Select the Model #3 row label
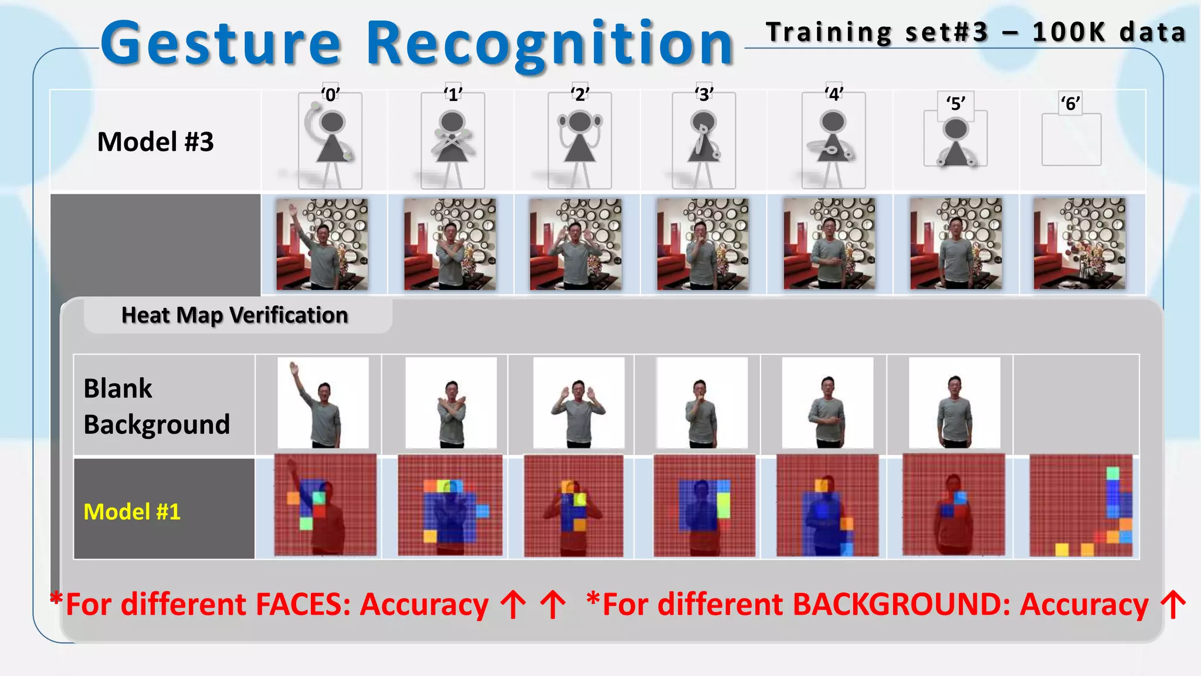(x=155, y=142)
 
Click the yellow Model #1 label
(x=132, y=512)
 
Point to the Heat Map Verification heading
(x=235, y=316)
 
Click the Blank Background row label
(x=156, y=406)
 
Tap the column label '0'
(x=330, y=94)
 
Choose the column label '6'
(x=1070, y=103)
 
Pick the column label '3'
(x=704, y=94)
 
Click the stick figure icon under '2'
(x=579, y=141)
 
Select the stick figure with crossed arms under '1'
(x=452, y=141)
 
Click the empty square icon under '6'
(x=1071, y=140)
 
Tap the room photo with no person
(x=1079, y=244)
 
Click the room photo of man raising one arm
(x=323, y=244)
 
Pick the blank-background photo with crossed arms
(x=451, y=403)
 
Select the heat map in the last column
(x=1081, y=506)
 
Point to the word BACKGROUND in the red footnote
(x=901, y=604)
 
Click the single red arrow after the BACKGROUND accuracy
(x=1173, y=604)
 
